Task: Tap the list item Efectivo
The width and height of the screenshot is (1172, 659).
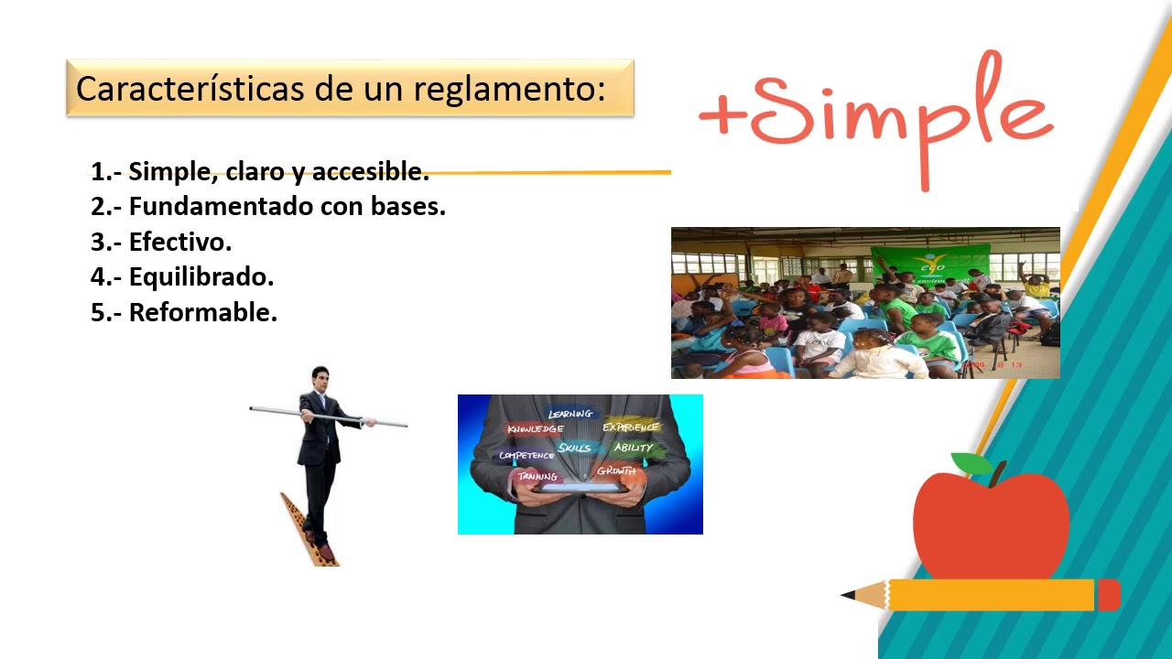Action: pos(179,242)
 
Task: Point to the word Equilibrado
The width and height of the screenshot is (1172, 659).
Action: pos(201,276)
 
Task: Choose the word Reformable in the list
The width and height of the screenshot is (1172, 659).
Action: pos(202,312)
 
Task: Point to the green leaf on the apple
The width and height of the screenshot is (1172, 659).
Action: pos(971,464)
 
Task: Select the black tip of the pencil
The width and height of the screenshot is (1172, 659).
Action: pos(848,595)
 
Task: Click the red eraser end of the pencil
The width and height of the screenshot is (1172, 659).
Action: pos(1109,595)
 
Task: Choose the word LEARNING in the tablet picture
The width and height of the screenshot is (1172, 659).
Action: pos(570,415)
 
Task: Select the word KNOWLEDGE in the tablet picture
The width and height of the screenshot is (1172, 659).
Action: pos(535,429)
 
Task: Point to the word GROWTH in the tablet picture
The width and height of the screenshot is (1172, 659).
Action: pos(615,471)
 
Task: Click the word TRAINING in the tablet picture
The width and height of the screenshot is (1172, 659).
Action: pos(537,476)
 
